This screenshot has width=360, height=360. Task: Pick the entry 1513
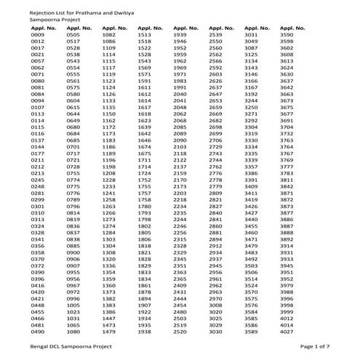(x=144, y=34)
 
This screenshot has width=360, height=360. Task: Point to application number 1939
(x=180, y=34)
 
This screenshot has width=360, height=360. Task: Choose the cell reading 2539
(x=215, y=34)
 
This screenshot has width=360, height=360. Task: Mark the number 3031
(x=251, y=34)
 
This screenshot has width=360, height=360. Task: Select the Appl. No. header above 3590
(x=292, y=28)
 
